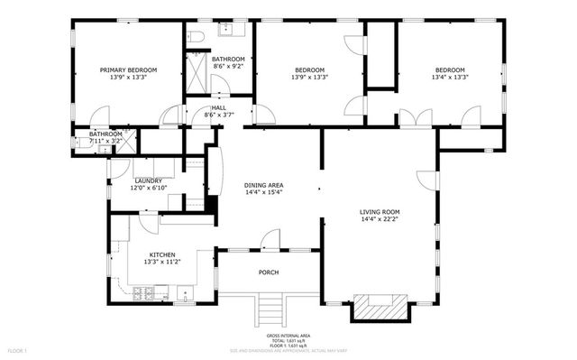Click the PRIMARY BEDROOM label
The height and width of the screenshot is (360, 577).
click(128, 69)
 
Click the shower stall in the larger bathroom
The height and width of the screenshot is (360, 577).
click(197, 70)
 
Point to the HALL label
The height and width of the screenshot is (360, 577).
click(219, 107)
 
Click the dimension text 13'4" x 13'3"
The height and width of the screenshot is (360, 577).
click(449, 78)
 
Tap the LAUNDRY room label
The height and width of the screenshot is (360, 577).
click(148, 180)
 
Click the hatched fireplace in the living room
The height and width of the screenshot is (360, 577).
click(379, 306)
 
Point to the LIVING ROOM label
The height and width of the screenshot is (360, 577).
click(380, 212)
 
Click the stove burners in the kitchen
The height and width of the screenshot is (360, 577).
click(142, 293)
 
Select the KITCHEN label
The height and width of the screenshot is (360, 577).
click(162, 255)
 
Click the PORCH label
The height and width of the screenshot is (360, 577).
click(269, 272)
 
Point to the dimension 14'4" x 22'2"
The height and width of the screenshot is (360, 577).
click(380, 219)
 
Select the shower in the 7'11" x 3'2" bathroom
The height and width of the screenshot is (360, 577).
click(128, 141)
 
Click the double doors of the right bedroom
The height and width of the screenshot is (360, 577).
click(411, 118)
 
